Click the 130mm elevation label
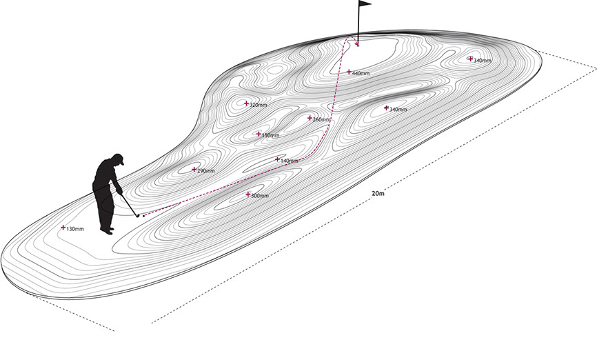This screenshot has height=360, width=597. click(75, 230)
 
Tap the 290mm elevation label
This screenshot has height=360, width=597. click(206, 171)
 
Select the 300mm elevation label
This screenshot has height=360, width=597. click(260, 196)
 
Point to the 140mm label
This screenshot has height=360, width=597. click(290, 161)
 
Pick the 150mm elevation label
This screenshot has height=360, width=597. click(271, 135)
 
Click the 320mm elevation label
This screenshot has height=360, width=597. click(258, 105)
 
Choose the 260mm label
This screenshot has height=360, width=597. click(322, 119)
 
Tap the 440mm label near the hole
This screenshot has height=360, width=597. click(361, 73)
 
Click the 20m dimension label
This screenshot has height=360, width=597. click(378, 194)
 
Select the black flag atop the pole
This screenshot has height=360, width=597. click(365, 3)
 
